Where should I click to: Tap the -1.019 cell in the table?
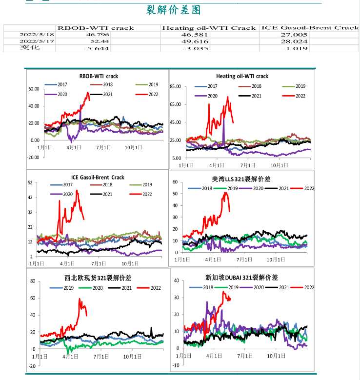pos(296,48)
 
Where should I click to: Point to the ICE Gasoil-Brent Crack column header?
pos(310,28)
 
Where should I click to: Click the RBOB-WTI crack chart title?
pos(99,76)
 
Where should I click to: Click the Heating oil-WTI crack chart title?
pos(242,76)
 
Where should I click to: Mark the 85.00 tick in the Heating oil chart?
pos(175,87)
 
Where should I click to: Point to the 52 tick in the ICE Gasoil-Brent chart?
pos(30,183)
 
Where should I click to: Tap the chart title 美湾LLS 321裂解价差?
pos(241,179)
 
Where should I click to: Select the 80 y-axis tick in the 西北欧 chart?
pos(32,281)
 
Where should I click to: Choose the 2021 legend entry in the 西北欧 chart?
pos(122,288)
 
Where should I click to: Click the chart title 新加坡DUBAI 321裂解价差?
pos(241,278)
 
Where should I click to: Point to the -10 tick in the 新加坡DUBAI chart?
pos(176,365)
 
